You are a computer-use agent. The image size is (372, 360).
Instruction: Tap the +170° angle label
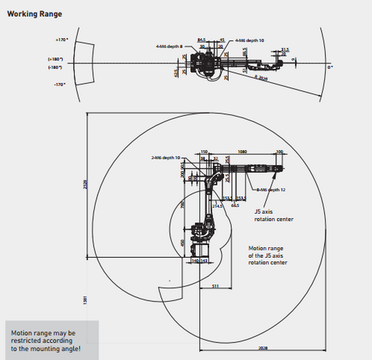(x=60, y=40)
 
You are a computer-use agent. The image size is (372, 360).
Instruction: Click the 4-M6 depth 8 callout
(x=169, y=45)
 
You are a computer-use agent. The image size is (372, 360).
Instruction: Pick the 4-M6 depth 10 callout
(x=250, y=40)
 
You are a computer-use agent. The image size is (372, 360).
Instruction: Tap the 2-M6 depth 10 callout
(x=166, y=157)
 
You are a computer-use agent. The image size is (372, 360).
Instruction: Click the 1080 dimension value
(x=242, y=151)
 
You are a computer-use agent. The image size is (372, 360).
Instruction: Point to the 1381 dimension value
(x=86, y=299)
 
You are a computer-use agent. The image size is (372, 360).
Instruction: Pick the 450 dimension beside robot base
(x=182, y=244)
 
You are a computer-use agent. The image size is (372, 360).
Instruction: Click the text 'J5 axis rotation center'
(x=273, y=215)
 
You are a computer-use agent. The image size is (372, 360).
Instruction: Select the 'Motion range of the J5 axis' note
(x=268, y=254)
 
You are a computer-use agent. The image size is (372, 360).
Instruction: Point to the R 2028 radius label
(x=261, y=78)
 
